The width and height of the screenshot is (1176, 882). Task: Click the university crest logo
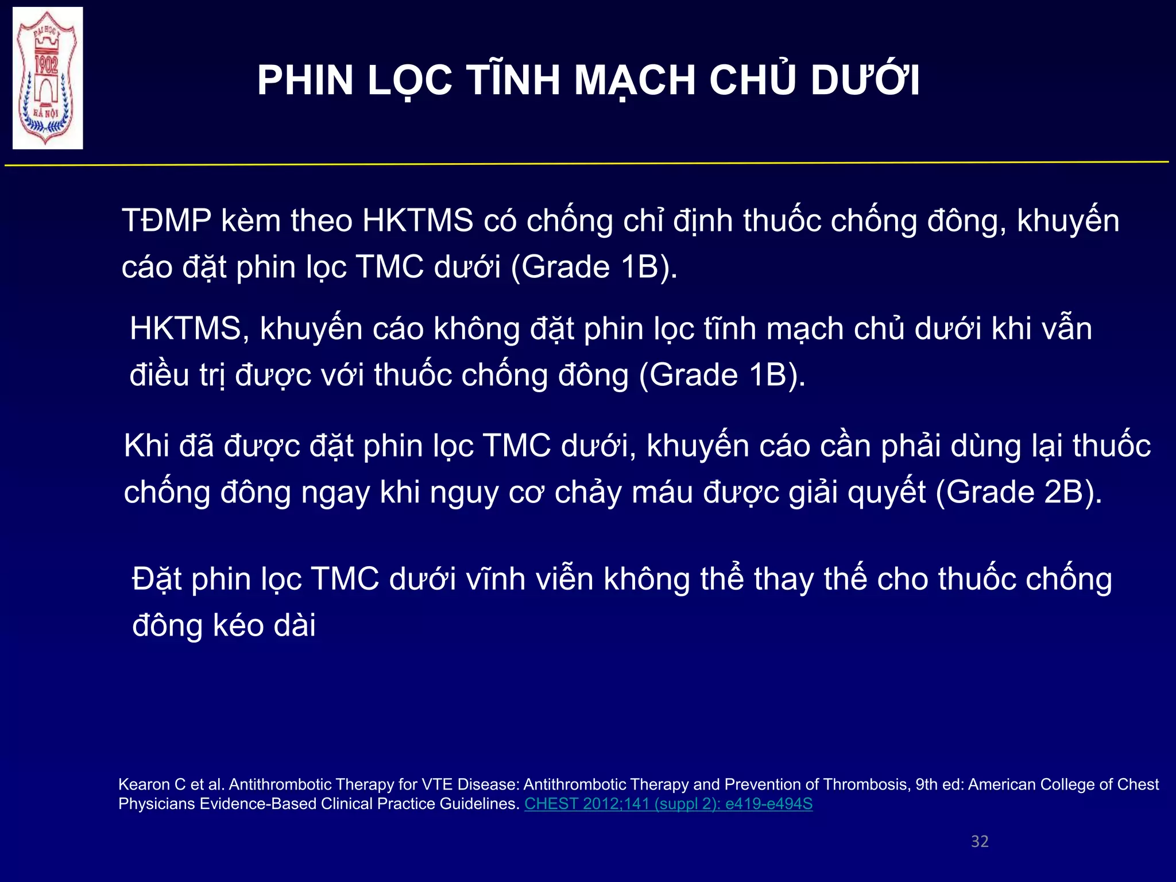(x=48, y=78)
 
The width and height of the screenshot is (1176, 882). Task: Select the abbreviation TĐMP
(x=167, y=220)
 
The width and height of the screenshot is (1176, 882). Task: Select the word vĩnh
(x=496, y=579)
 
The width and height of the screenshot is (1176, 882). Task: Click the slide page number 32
(x=980, y=841)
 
